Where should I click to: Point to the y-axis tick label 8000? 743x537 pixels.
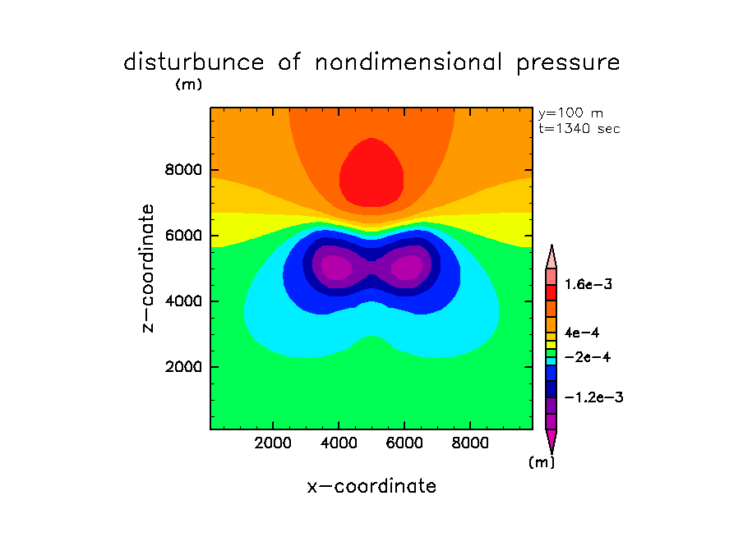pos(181,171)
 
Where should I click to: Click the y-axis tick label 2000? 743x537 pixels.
pos(181,366)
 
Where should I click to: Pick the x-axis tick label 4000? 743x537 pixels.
pos(339,443)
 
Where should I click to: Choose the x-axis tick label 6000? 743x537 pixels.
pos(404,443)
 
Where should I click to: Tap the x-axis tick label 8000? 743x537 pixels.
pos(469,443)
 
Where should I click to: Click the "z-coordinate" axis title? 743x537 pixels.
pos(149,268)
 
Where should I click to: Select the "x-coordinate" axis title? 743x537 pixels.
pos(371,486)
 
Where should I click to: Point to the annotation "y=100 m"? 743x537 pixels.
pos(570,113)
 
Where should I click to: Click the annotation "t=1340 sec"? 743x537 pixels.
pos(579,128)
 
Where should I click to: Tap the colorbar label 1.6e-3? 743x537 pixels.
pos(588,285)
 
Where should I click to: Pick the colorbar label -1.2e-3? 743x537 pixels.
pos(593,397)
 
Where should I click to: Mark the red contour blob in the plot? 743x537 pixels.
pos(371,174)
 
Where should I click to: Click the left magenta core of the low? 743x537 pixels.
pos(336,267)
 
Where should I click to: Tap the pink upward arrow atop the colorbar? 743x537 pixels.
pos(551,256)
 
